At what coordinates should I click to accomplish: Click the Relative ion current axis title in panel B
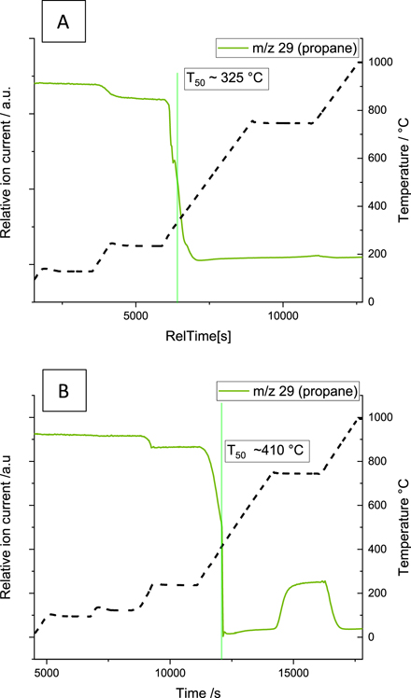coord(8,523)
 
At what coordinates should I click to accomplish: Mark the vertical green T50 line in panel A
coord(177,187)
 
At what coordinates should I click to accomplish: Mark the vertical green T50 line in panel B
coord(221,523)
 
